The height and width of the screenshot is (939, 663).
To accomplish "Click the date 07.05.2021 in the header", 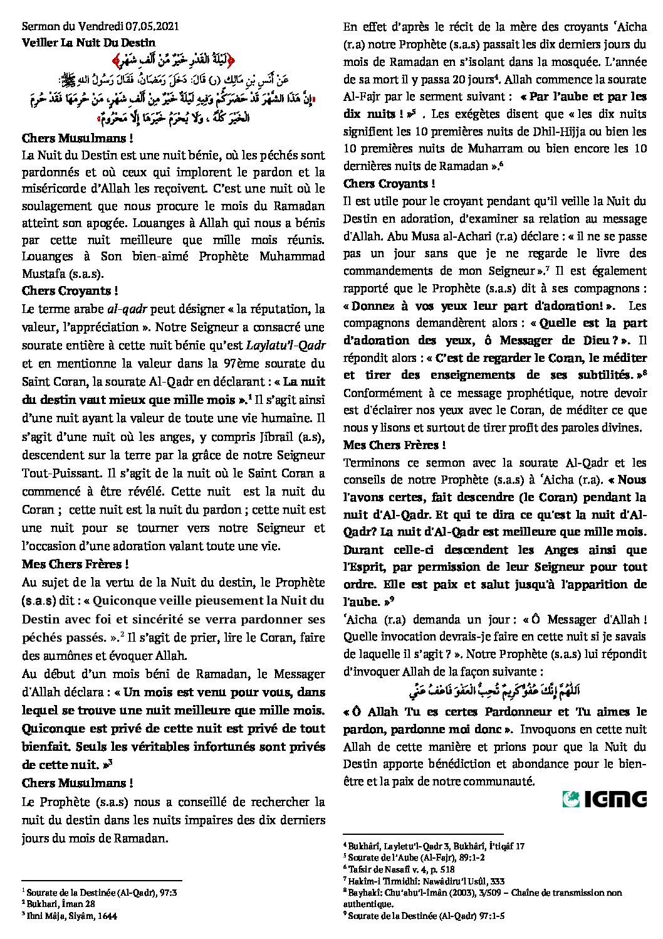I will click(x=152, y=27).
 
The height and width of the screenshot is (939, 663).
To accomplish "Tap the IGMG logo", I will click(x=605, y=798).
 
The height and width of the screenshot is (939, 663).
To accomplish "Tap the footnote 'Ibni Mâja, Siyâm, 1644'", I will click(x=73, y=915).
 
